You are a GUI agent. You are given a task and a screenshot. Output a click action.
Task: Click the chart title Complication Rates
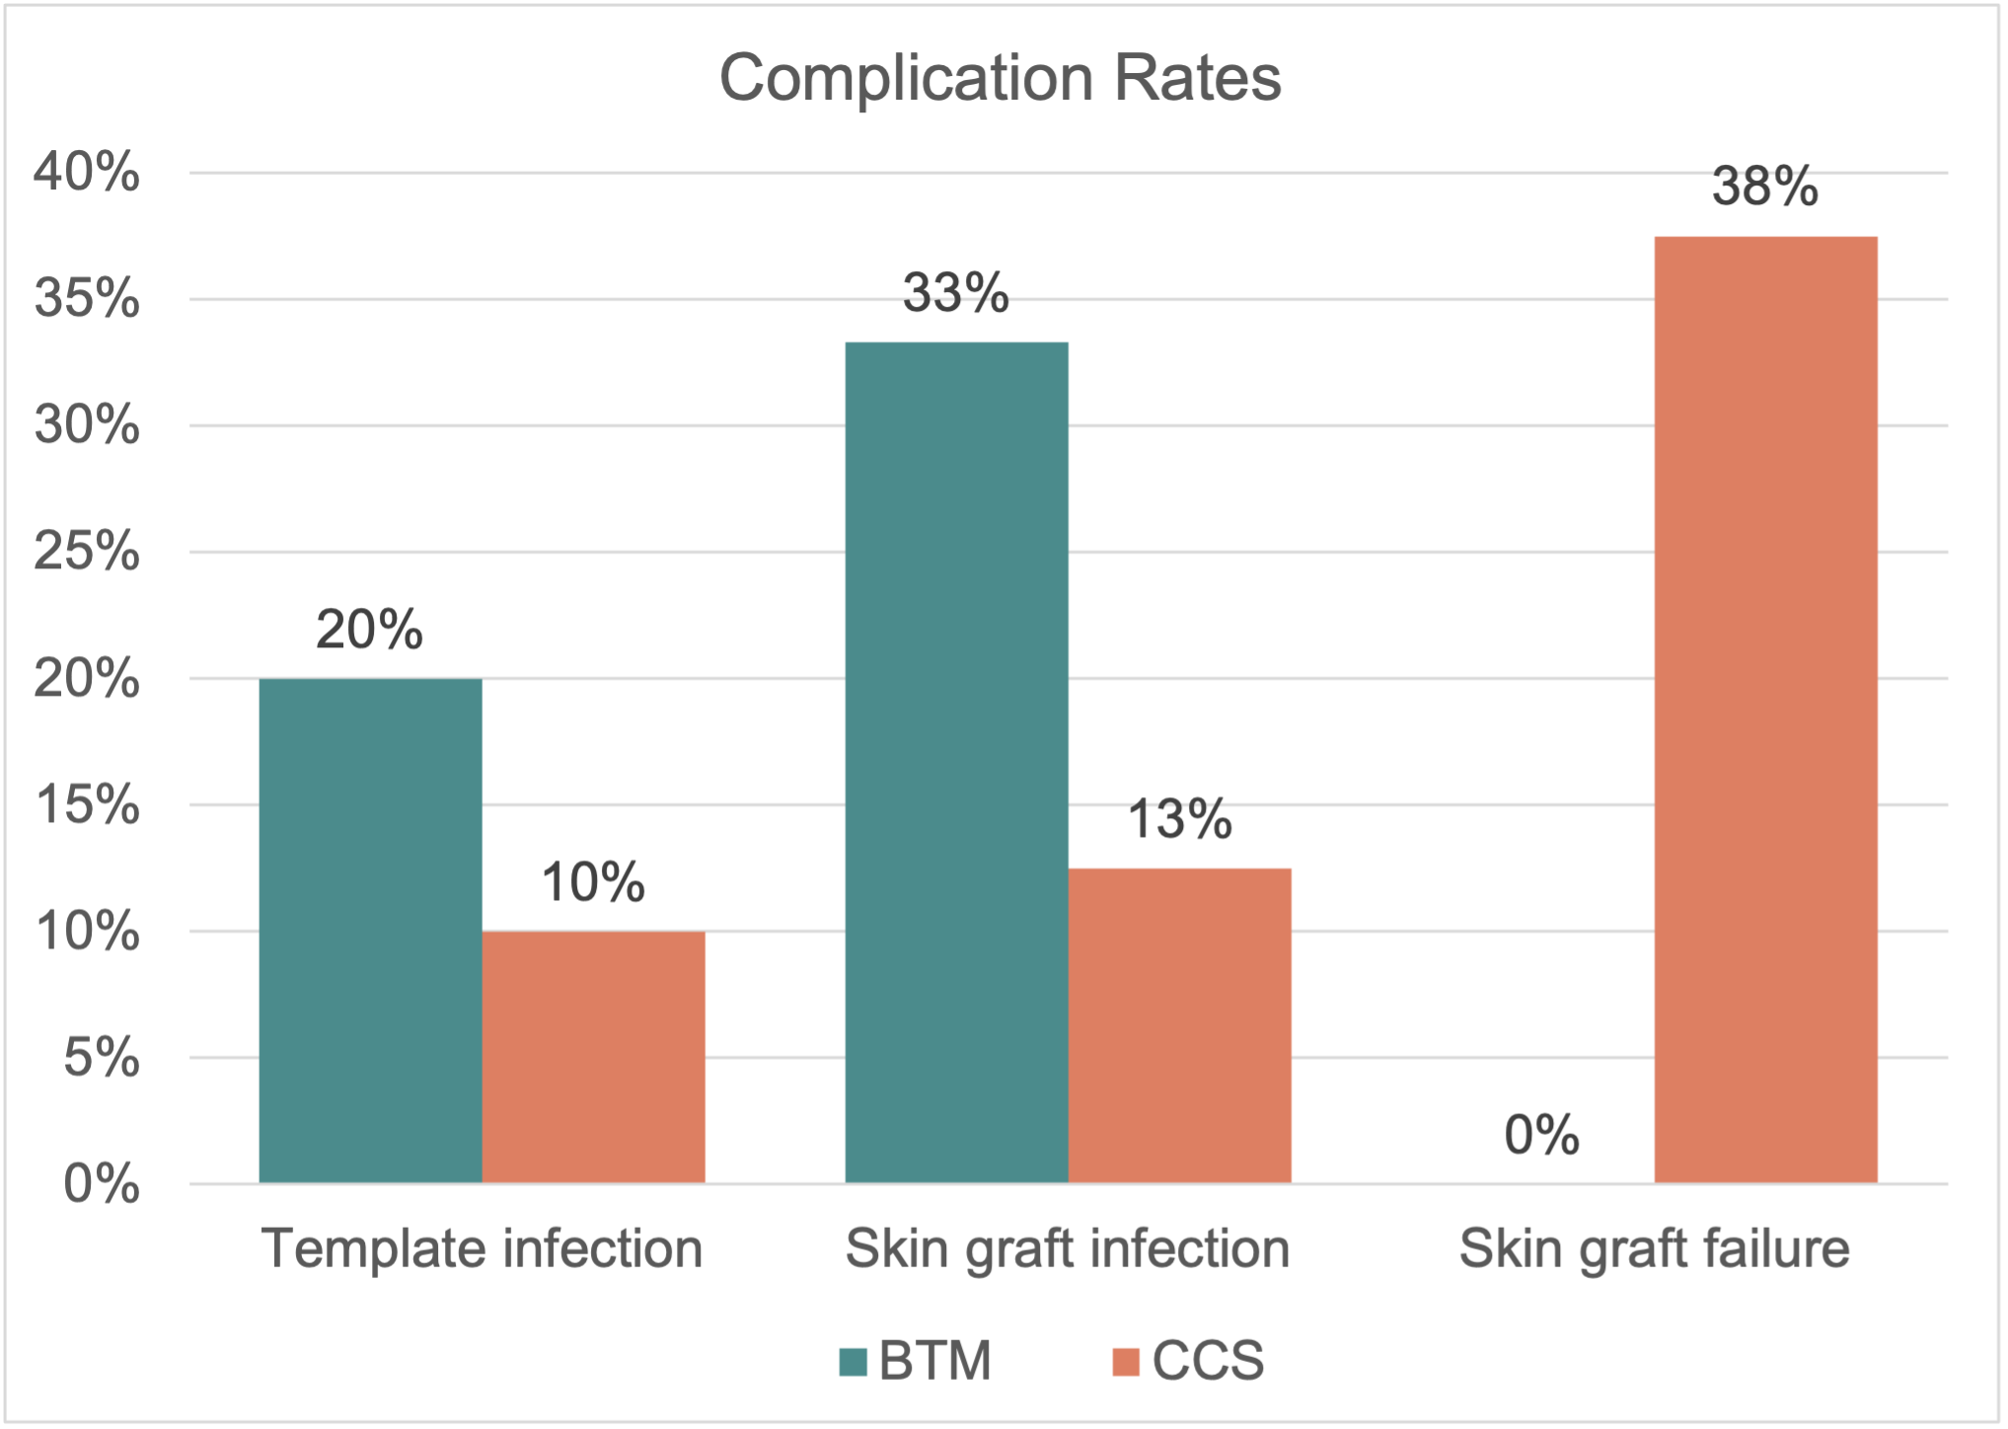(1000, 78)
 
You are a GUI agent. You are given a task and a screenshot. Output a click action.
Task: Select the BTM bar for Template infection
(370, 930)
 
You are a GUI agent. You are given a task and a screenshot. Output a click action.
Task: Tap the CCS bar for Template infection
(593, 1056)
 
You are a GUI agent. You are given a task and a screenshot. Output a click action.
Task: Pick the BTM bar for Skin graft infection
(956, 762)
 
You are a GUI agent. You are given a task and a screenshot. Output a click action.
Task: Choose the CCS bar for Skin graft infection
(1179, 1024)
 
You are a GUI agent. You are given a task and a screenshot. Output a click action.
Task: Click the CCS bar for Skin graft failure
(1765, 709)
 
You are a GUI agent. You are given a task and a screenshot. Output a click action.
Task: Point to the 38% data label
(1764, 186)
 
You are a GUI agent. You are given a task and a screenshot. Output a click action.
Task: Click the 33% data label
(955, 292)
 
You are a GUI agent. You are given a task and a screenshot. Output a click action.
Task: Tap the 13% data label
(1179, 819)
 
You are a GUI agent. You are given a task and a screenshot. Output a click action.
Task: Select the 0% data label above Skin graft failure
(1541, 1135)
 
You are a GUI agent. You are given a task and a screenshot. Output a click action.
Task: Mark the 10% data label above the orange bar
(593, 882)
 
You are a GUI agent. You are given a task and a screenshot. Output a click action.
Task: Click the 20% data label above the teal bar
(369, 630)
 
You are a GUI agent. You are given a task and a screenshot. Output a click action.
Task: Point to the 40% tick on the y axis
(87, 173)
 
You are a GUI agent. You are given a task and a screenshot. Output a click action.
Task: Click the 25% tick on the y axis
(87, 552)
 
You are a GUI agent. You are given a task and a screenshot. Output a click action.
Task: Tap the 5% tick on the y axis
(101, 1058)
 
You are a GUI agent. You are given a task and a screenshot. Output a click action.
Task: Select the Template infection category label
(482, 1248)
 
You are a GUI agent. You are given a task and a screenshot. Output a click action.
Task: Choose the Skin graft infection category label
(1068, 1248)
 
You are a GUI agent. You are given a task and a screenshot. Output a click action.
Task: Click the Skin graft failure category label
(1654, 1248)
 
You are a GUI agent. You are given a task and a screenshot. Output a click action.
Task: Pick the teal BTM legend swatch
(853, 1362)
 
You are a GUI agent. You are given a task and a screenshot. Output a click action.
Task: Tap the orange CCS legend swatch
(1126, 1362)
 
